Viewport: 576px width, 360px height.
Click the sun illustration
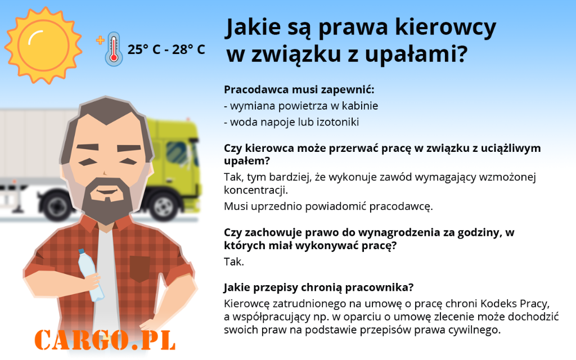coord(43,46)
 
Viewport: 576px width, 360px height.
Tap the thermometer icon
coord(114,49)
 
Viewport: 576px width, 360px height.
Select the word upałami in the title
coord(416,53)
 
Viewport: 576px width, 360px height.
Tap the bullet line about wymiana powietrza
coord(301,106)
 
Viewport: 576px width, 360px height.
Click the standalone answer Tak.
coord(234,262)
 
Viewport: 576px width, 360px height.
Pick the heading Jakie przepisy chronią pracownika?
coord(318,287)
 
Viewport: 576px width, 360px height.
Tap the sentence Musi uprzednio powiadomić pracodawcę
coord(328,206)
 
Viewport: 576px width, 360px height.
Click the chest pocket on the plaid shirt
coord(140,269)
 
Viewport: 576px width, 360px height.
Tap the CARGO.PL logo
coord(105,340)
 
